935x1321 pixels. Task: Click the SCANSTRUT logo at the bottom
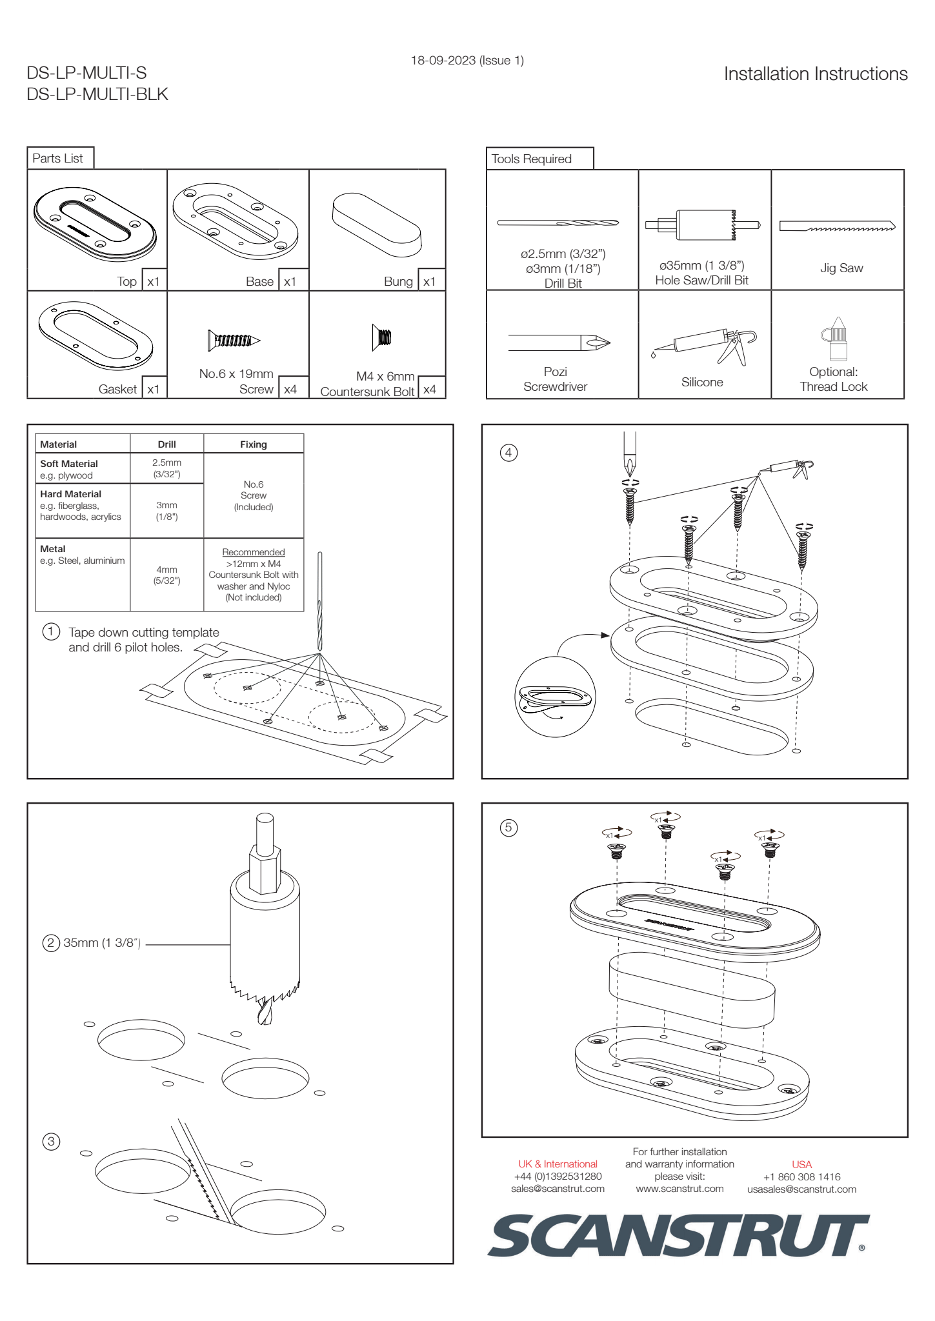678,1235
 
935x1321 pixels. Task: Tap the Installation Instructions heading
815,74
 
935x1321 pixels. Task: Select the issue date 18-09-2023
467,61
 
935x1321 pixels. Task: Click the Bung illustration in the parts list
377,224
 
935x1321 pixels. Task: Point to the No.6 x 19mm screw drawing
234,340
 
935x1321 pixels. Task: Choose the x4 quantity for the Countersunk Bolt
430,389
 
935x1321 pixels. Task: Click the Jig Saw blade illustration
837,226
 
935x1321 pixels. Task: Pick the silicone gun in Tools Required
706,344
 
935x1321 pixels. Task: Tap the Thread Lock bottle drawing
837,339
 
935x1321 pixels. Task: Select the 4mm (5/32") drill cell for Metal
166,575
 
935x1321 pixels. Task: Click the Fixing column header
254,444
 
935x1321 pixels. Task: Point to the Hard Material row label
71,494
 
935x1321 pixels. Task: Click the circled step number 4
508,453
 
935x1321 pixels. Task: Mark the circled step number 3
51,1141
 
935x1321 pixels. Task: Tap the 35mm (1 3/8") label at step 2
102,943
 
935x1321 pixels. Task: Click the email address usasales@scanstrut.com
801,1189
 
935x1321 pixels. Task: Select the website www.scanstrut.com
679,1189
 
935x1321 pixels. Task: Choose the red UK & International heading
558,1164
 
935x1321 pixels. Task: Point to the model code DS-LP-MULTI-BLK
97,95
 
